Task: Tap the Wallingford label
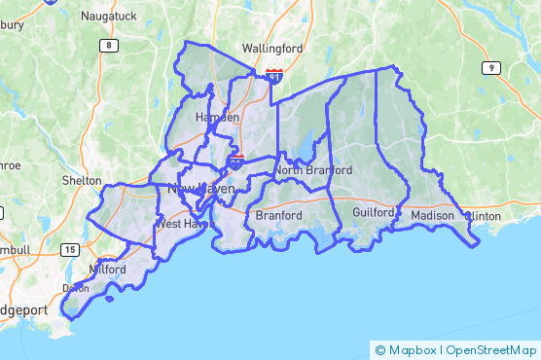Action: click(x=272, y=48)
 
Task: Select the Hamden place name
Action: click(x=217, y=117)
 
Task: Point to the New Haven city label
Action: click(x=202, y=188)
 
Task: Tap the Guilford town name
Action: click(x=375, y=211)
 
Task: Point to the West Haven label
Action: click(x=183, y=224)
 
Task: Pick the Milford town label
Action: click(x=107, y=269)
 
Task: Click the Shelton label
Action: click(x=81, y=181)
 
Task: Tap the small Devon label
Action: click(x=76, y=288)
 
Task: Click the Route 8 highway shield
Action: click(x=107, y=46)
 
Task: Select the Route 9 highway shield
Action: click(x=492, y=67)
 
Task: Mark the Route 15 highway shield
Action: click(x=69, y=250)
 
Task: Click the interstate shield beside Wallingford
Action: click(x=275, y=75)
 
